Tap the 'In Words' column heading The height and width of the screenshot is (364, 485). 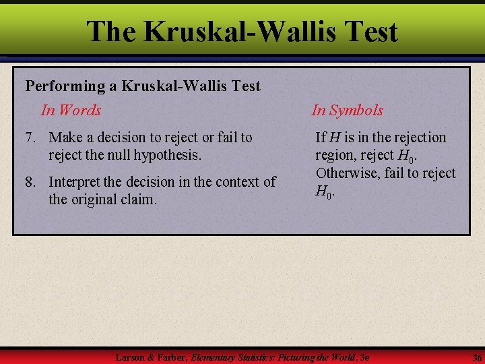[71, 110]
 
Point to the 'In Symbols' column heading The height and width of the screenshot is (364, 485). [347, 110]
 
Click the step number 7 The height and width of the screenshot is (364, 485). [30, 138]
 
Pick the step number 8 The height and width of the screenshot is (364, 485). [30, 182]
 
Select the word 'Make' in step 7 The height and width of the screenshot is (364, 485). [65, 138]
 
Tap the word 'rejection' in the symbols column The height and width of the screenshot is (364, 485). [418, 138]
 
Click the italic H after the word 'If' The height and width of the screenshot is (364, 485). [335, 138]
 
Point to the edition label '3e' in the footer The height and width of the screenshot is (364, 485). [366, 356]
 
